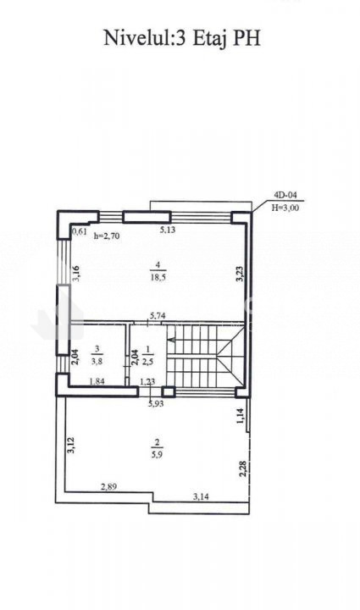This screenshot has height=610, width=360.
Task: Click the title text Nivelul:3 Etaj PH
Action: (x=181, y=39)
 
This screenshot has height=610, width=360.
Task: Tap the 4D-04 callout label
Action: (x=285, y=197)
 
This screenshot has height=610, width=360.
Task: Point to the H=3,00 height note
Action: (x=285, y=208)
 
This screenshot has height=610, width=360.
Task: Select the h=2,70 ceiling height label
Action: (x=107, y=236)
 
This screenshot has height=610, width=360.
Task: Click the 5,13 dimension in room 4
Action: (x=168, y=230)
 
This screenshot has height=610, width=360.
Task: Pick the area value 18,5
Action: (x=158, y=277)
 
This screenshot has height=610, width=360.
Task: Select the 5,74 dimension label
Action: (x=158, y=316)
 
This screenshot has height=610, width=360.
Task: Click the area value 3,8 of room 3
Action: (x=97, y=360)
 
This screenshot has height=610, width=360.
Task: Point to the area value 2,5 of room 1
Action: (x=148, y=360)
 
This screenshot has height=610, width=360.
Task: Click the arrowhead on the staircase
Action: (x=170, y=341)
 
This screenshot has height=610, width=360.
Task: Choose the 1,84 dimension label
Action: (x=97, y=381)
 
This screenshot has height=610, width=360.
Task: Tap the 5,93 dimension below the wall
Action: (x=156, y=403)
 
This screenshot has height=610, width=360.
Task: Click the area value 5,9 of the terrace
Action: (x=158, y=454)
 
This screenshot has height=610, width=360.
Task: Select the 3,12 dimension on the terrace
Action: (x=71, y=446)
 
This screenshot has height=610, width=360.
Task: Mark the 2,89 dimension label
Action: (x=109, y=486)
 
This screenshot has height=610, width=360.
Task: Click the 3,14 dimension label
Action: (x=201, y=496)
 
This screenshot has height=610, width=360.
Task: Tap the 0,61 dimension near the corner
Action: (x=80, y=232)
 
